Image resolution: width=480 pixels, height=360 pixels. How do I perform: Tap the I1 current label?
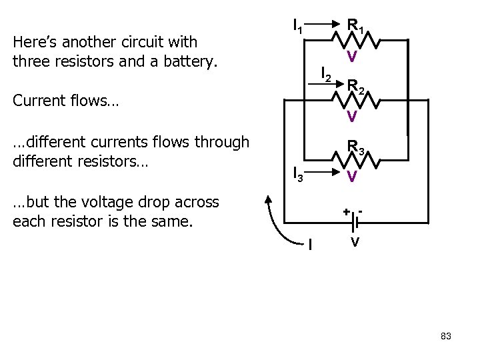(299, 27)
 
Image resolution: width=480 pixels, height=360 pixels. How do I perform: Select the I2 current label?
(326, 73)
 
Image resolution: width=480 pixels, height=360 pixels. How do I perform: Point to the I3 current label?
(299, 175)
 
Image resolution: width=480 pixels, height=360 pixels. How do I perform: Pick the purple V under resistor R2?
(352, 117)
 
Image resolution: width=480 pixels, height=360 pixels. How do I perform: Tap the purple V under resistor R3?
(352, 177)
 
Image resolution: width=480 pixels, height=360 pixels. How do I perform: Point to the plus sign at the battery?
(347, 211)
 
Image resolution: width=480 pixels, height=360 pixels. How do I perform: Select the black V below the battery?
(355, 242)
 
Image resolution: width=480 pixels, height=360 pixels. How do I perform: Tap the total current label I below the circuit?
(309, 245)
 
